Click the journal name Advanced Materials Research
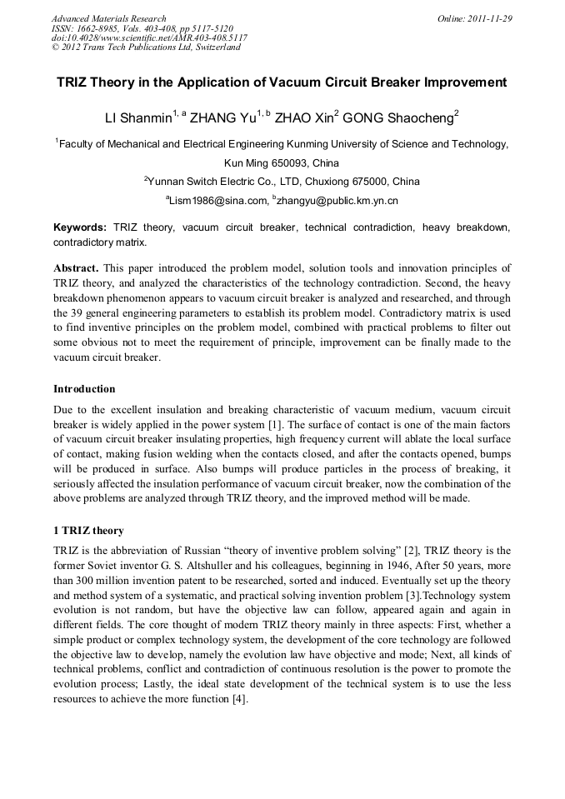108,18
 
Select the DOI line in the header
149,37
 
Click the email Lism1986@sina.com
219,200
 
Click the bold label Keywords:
80,227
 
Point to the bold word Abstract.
76,268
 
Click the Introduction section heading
84,388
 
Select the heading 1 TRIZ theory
88,530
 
